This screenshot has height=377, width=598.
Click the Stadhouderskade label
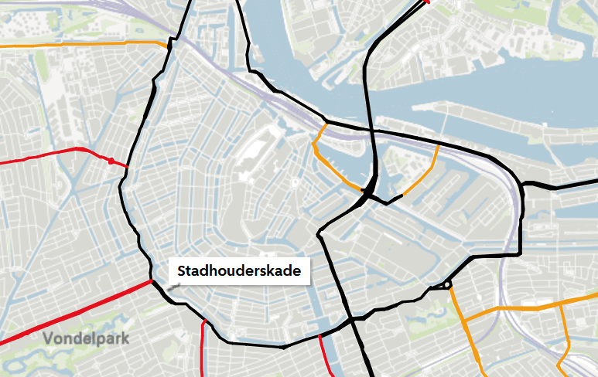(239, 271)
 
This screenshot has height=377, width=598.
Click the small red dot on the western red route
(111, 161)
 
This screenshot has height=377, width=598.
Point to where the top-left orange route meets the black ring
(169, 46)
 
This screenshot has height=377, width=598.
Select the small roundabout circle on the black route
(447, 285)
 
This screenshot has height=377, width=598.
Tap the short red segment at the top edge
(423, 3)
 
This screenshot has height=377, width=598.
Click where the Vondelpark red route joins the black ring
(152, 282)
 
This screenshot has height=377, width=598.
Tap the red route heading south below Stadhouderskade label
(203, 348)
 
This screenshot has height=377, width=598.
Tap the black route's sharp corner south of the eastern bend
(520, 253)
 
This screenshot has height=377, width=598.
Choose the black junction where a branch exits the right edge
(524, 185)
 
